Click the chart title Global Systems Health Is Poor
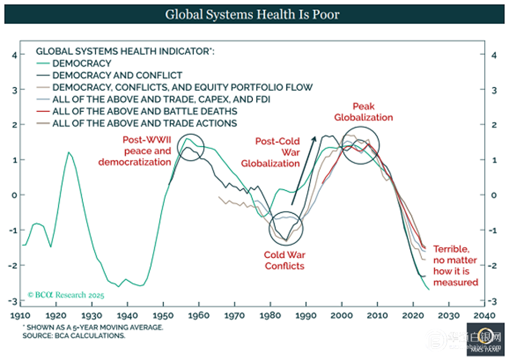tap(252, 14)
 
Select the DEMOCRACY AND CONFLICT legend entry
tap(117, 75)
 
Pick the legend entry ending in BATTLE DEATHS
tap(144, 111)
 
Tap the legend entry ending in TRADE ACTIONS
tap(144, 124)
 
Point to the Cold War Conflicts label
tap(285, 260)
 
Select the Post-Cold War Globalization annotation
tap(277, 152)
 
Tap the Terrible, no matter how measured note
tap(455, 266)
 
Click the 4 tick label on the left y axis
tap(15, 55)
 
